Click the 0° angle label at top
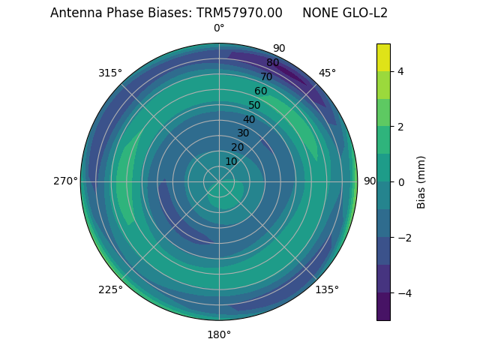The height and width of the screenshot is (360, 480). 219,28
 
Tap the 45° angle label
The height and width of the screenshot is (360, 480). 327,73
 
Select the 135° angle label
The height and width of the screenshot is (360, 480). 327,289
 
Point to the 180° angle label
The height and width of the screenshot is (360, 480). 219,334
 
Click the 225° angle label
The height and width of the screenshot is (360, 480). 110,289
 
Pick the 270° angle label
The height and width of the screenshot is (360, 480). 65,181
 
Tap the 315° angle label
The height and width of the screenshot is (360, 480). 110,73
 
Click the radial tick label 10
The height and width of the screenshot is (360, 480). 231,161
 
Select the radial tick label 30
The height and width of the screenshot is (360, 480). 243,133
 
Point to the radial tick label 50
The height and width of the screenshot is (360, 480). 255,105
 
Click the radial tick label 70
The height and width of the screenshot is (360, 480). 266,76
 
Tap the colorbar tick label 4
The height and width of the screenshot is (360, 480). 401,71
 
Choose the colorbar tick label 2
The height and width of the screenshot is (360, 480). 401,127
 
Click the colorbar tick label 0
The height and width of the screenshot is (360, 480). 401,181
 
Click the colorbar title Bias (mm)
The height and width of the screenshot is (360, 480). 421,181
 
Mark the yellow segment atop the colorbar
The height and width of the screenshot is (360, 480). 383,57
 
